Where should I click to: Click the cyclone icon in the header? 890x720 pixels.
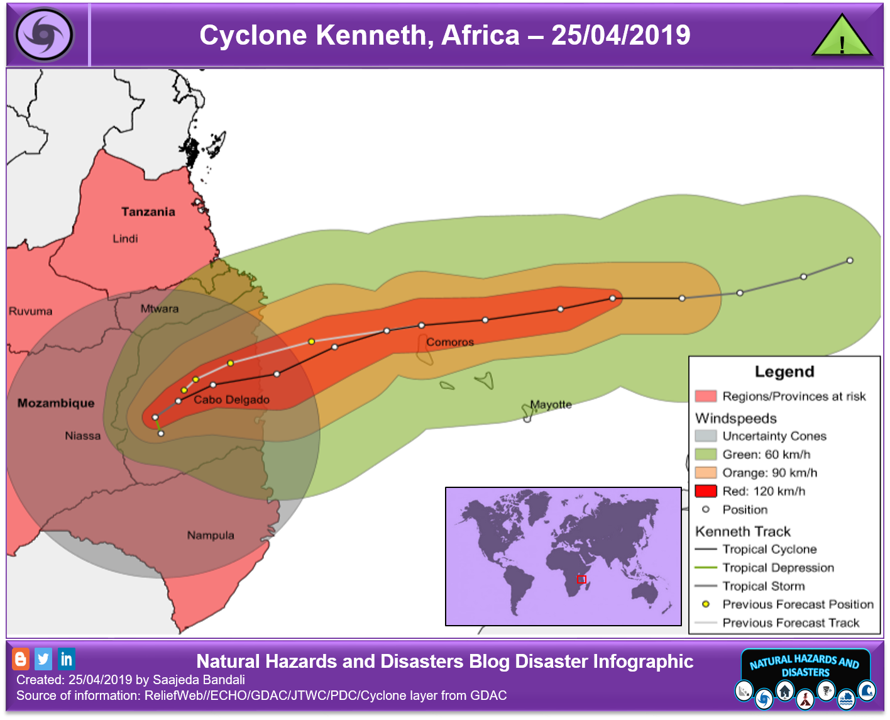pos(44,35)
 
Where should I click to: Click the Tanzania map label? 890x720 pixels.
pos(148,212)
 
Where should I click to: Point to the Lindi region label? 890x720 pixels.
pos(125,239)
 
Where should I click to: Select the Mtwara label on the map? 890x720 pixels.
pos(159,309)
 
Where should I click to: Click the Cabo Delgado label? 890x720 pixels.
pos(231,400)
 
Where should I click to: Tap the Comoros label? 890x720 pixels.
pos(450,342)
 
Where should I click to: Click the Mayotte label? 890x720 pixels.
pos(551,404)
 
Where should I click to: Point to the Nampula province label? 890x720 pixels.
pos(211,535)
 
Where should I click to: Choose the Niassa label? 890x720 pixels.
pos(82,436)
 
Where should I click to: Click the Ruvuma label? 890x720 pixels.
pos(30,311)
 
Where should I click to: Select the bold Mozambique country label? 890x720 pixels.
pos(55,403)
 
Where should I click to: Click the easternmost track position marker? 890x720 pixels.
pos(850,260)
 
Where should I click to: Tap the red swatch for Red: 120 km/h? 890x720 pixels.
pos(706,491)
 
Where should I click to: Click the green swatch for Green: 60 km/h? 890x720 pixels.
pos(706,454)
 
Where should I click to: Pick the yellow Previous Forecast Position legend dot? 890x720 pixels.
pos(706,604)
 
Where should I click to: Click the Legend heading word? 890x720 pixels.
pos(784,372)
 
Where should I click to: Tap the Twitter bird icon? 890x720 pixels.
pos(43,659)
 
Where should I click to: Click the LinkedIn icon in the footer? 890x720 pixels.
pos(66,659)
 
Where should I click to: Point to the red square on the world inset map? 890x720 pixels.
pos(581,579)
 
